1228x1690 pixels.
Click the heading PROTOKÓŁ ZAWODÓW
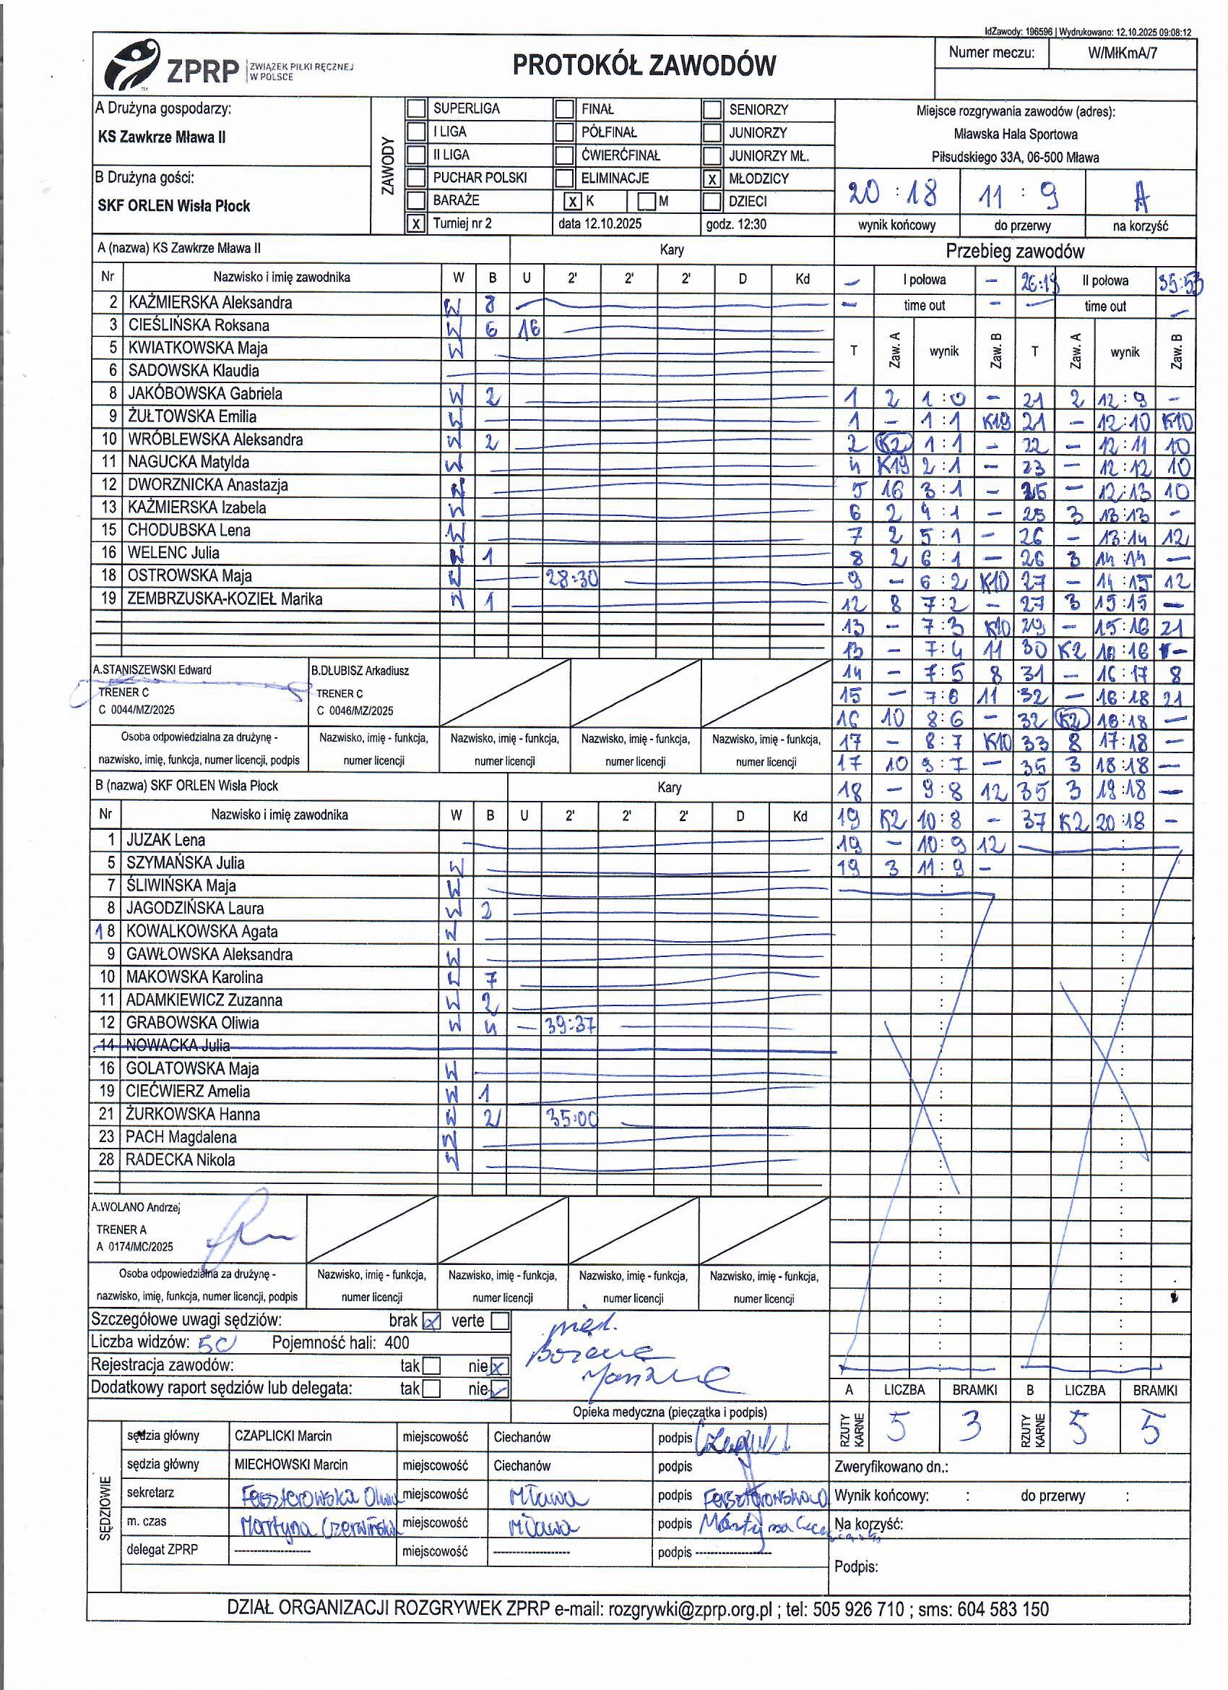tap(644, 67)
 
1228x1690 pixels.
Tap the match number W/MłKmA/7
tap(1122, 53)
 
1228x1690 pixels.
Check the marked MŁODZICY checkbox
tap(713, 179)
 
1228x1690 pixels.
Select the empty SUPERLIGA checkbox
tap(416, 109)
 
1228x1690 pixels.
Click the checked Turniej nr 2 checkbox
tap(415, 223)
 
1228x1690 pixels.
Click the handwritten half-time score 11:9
tap(1021, 195)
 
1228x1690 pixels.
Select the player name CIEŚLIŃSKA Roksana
tap(198, 325)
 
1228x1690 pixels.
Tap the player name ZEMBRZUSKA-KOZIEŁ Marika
tap(225, 599)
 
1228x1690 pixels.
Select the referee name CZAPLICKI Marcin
tap(283, 1436)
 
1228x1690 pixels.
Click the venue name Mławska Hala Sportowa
tap(1015, 134)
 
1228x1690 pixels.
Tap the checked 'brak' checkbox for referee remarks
tap(431, 1321)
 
